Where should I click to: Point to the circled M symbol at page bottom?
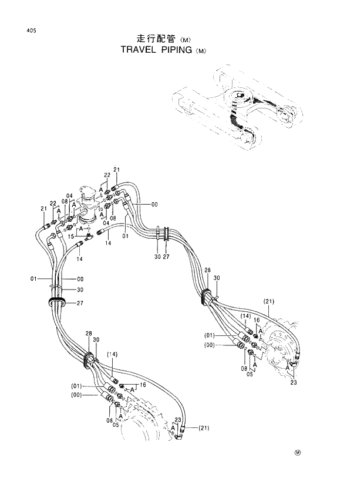(298, 452)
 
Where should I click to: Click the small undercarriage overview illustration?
(235, 111)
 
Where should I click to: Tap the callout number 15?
(70, 237)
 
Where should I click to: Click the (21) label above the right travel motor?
(269, 302)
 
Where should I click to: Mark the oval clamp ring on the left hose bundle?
(57, 302)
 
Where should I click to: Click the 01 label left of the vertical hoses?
(34, 278)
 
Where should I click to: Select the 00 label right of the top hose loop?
(154, 204)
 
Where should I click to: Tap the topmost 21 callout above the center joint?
(116, 170)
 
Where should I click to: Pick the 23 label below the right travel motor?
(294, 383)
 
